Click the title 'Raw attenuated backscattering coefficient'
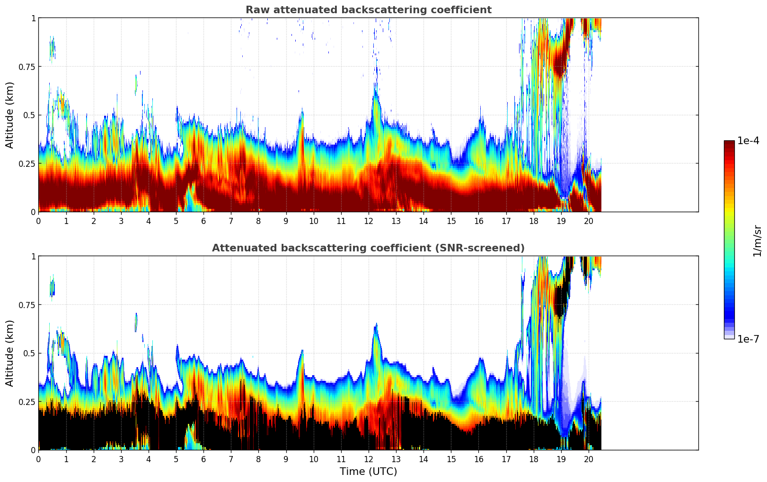[x=368, y=10]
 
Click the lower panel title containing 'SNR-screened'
[x=368, y=248]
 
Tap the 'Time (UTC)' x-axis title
[x=368, y=472]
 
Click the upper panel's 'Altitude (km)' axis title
[x=10, y=115]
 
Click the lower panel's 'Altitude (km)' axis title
[x=10, y=353]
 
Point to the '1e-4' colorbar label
[x=748, y=141]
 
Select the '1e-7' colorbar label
[x=748, y=339]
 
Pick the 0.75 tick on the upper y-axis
[x=26, y=67]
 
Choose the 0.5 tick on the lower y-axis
[x=29, y=353]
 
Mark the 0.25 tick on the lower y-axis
[x=26, y=402]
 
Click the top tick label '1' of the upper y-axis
[x=33, y=18]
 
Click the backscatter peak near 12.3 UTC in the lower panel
[x=376, y=331]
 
